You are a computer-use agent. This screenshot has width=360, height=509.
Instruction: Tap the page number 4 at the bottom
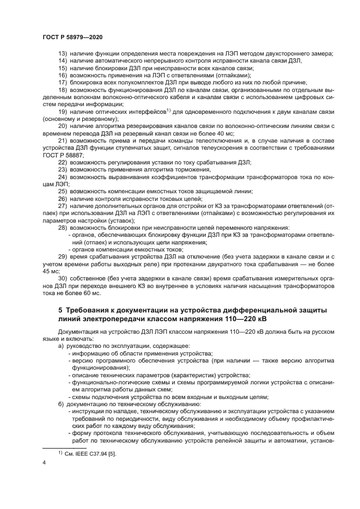[x=44, y=463]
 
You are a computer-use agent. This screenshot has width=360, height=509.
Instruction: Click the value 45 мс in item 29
[x=50, y=270]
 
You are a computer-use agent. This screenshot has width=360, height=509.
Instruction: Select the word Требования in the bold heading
[x=89, y=310]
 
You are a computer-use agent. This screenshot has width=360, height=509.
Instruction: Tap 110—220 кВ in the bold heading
[x=257, y=318]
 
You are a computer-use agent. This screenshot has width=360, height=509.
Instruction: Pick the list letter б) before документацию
[x=62, y=403]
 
